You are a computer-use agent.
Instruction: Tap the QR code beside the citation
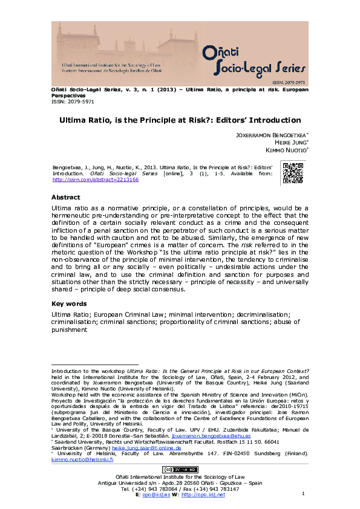pyautogui.click(x=293, y=173)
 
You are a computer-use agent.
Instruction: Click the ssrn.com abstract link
pyautogui.click(x=96, y=180)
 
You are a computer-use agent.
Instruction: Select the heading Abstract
pyautogui.click(x=66, y=197)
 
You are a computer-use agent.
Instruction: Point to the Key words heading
pyautogui.click(x=69, y=303)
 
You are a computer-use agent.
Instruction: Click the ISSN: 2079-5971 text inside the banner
pyautogui.click(x=290, y=81)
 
